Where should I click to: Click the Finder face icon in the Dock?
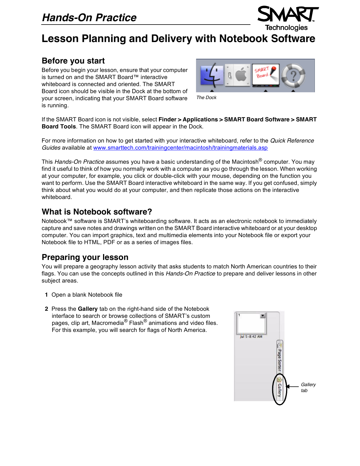tap(211, 75)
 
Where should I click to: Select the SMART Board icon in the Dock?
tap(265, 75)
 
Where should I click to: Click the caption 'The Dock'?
tap(206, 98)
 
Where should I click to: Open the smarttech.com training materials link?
tap(180, 148)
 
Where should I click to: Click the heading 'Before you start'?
tap(73, 61)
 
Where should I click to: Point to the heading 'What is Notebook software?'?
tap(97, 212)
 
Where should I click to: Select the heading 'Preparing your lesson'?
tap(85, 257)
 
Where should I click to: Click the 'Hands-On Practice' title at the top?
tap(89, 18)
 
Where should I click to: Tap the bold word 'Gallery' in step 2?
tap(88, 309)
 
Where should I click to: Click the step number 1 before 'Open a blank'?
tap(46, 295)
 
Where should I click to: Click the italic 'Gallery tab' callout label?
tap(308, 388)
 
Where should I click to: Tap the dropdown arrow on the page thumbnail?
tap(263, 316)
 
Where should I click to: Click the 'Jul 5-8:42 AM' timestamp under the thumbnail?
tap(251, 337)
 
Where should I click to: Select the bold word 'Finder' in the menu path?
tap(167, 120)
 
